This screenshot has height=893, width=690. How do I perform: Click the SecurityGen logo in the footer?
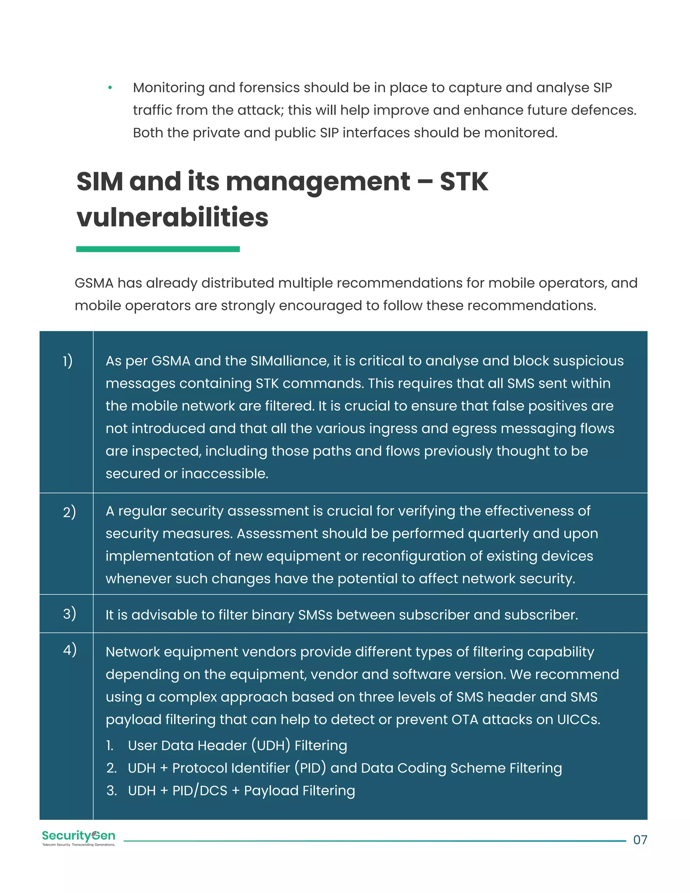[79, 838]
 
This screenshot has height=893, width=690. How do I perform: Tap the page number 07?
[640, 840]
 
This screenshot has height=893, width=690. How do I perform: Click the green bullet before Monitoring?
[110, 88]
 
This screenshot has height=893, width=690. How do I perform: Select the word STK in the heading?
[464, 182]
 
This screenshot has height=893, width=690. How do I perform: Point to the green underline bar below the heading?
[158, 249]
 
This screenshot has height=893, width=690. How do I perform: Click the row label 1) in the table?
[67, 361]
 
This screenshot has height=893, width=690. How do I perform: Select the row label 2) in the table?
[69, 512]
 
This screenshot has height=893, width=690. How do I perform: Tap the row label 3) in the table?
[69, 613]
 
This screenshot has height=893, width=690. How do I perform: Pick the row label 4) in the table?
[69, 649]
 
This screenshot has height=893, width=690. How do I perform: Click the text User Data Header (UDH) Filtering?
[237, 745]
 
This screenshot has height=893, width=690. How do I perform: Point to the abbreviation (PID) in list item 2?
[310, 768]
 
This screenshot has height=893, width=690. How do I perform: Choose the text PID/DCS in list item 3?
[199, 791]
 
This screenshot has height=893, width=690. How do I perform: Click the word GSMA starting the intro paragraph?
[94, 283]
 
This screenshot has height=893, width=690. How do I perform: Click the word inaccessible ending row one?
[224, 473]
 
